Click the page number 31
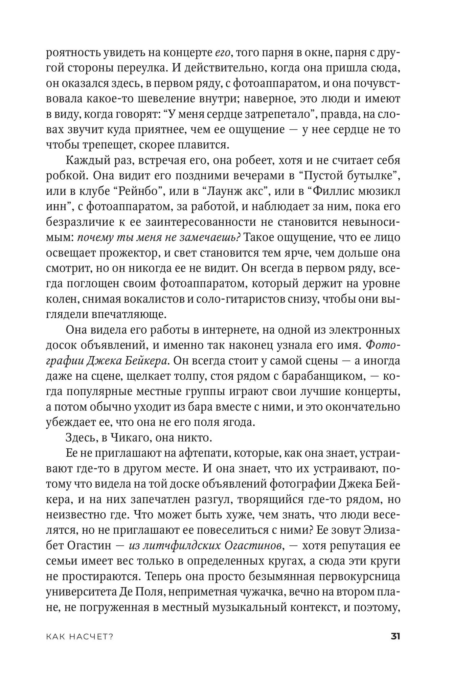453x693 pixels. [x=395, y=636]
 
